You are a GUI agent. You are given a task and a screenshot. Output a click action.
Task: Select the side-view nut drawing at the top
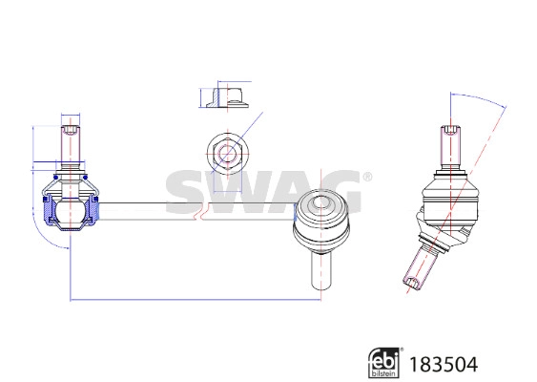[225, 97]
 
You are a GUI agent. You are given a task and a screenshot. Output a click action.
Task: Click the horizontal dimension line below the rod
[191, 301]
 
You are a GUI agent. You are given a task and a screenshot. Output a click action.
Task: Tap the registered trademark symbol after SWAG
[367, 177]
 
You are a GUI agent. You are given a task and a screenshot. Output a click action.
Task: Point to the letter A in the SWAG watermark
[283, 192]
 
